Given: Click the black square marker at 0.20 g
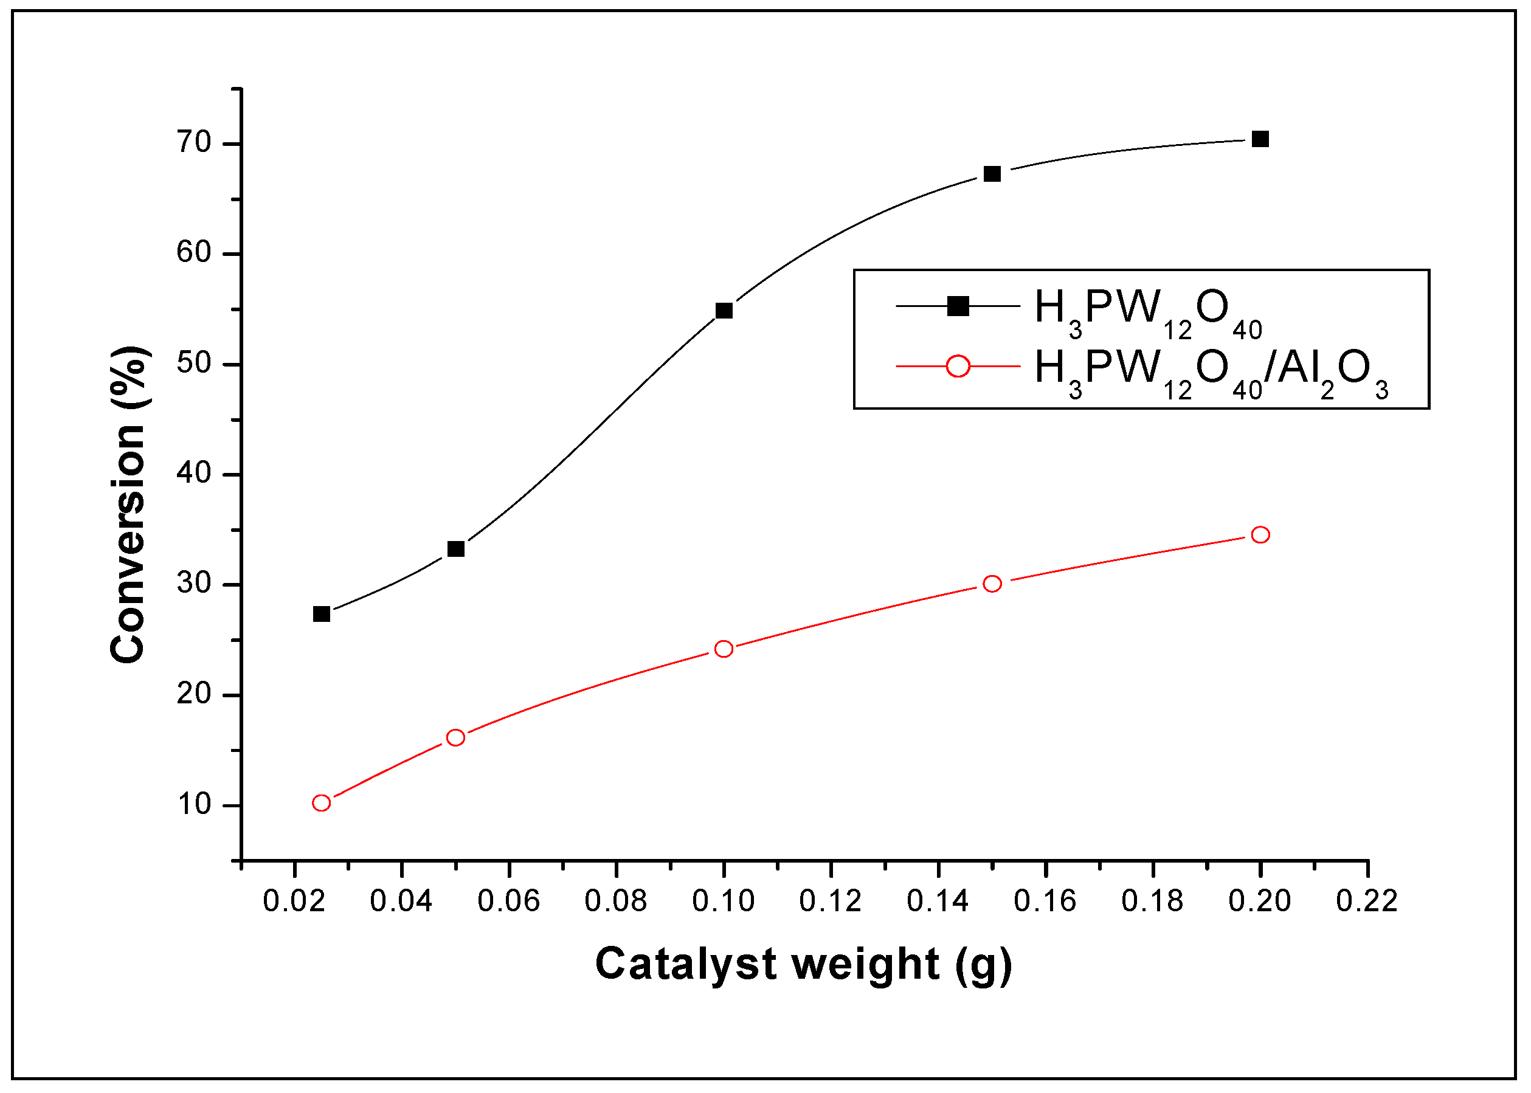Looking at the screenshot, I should pyautogui.click(x=1260, y=139).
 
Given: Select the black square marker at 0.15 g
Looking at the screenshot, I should pyautogui.click(x=992, y=174).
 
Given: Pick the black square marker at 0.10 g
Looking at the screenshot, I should pyautogui.click(x=724, y=310).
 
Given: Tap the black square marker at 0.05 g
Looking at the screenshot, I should pyautogui.click(x=455, y=549).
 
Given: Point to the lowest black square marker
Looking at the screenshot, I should pyautogui.click(x=322, y=614).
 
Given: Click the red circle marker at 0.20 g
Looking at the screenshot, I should pyautogui.click(x=1260, y=534).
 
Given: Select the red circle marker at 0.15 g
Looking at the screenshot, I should pyautogui.click(x=992, y=584).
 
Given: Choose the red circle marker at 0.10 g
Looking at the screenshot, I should pyautogui.click(x=724, y=649).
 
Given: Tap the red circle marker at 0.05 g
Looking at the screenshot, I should pyautogui.click(x=455, y=737).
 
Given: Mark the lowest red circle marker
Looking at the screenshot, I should pyautogui.click(x=322, y=803).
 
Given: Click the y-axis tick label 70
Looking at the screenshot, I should pyautogui.click(x=194, y=143).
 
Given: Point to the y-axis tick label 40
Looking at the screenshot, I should pyautogui.click(x=194, y=474).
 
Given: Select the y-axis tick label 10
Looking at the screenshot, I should pyautogui.click(x=194, y=805).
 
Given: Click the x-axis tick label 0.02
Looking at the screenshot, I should pyautogui.click(x=294, y=901).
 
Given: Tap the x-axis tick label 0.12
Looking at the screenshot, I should pyautogui.click(x=831, y=901).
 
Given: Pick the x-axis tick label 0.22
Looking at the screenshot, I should pyautogui.click(x=1367, y=901).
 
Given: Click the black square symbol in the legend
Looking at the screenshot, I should pyautogui.click(x=958, y=306).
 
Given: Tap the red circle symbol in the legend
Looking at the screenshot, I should pyautogui.click(x=958, y=366).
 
